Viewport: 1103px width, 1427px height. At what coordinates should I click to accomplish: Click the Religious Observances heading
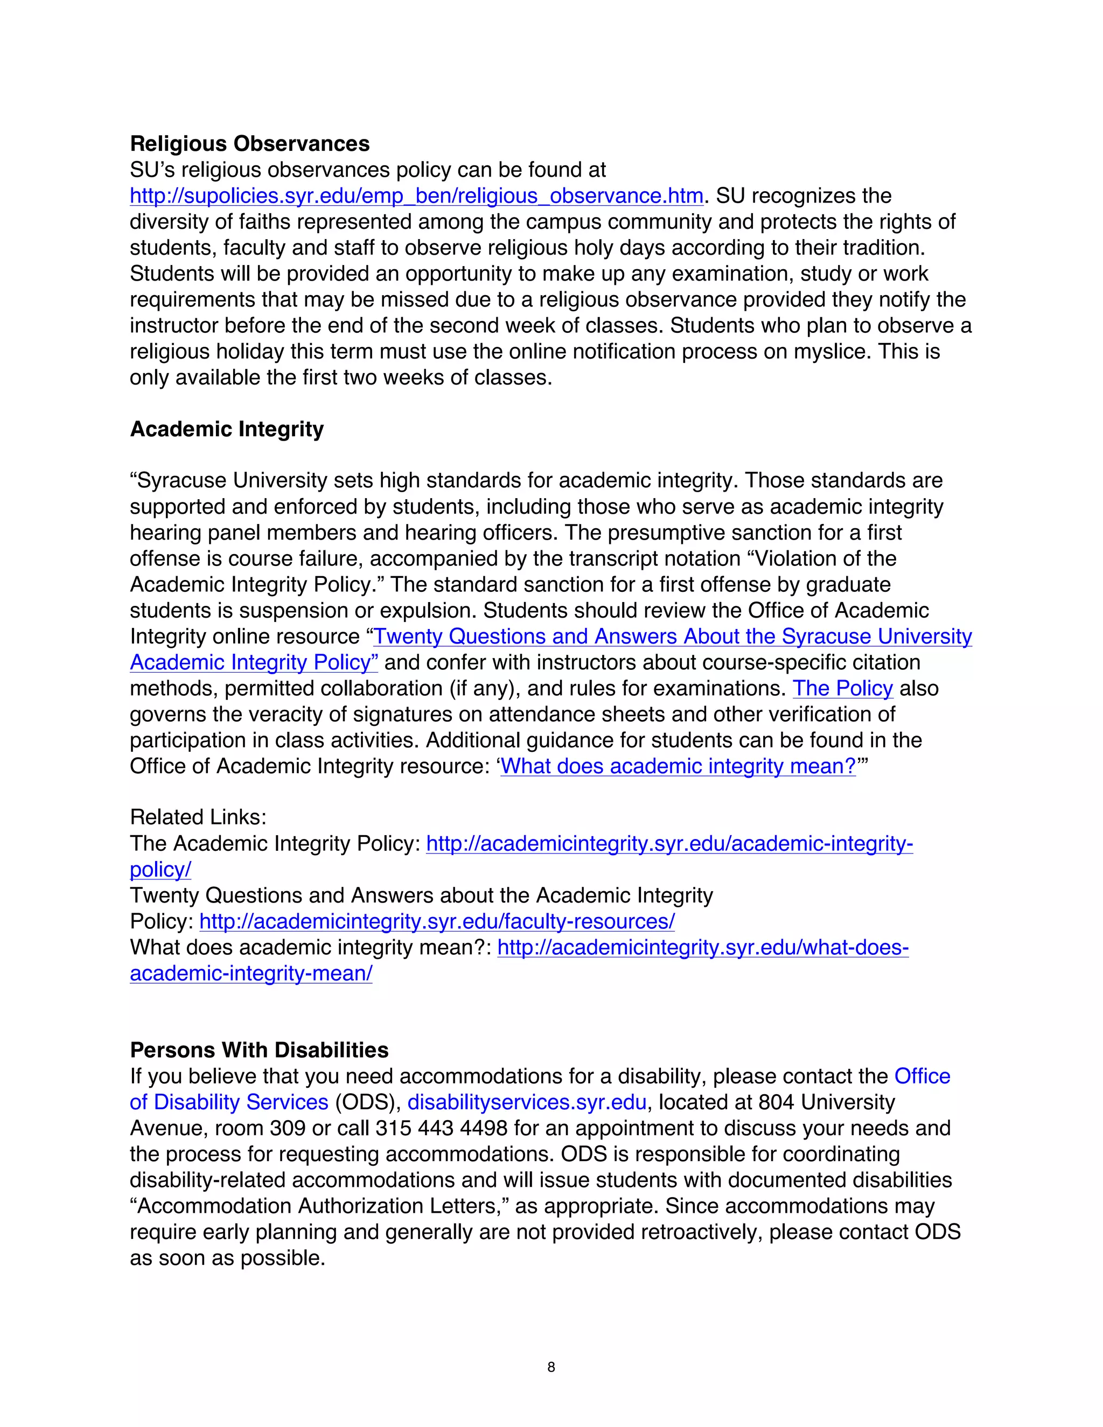point(249,144)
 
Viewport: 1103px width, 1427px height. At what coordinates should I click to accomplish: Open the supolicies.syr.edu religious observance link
point(416,196)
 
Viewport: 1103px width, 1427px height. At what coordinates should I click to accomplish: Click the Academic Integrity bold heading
point(227,429)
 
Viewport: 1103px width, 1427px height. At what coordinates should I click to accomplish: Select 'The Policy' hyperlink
point(842,689)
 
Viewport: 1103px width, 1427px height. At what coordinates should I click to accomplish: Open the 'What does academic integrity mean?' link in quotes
point(678,766)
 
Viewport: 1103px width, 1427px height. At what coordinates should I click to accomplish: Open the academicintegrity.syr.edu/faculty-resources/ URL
point(436,921)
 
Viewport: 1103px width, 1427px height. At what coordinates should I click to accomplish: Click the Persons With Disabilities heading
point(259,1050)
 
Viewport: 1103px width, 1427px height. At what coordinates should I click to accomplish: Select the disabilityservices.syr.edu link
point(527,1102)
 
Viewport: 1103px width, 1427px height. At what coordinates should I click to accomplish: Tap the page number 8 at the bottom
point(551,1368)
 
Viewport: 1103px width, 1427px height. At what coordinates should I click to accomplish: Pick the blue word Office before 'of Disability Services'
point(922,1076)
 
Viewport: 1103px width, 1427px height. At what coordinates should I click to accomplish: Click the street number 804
point(776,1102)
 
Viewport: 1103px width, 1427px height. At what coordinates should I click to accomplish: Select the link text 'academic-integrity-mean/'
point(251,974)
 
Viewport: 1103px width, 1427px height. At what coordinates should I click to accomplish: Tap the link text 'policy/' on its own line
point(160,870)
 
